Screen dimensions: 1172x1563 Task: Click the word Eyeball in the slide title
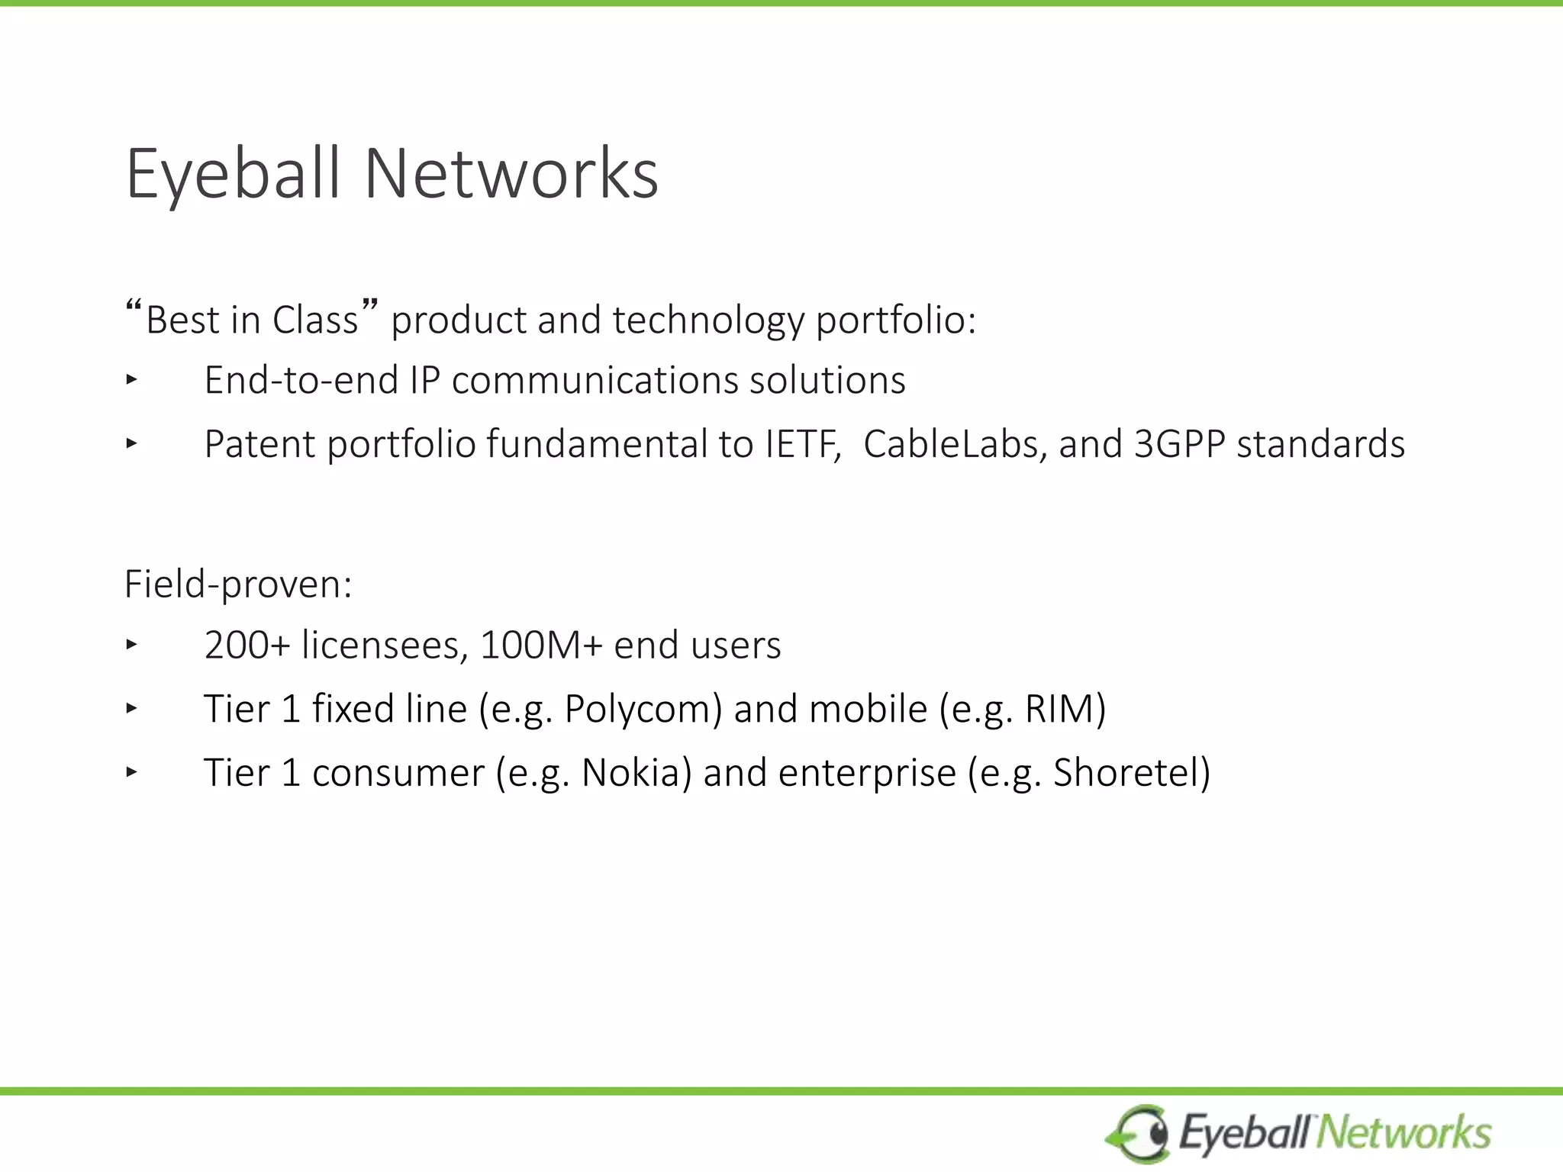click(x=231, y=174)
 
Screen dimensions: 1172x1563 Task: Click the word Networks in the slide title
click(x=511, y=174)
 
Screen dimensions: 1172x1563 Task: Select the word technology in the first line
click(x=707, y=320)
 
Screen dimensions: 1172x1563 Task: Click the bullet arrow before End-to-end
click(x=131, y=379)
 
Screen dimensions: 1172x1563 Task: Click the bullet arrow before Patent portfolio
click(x=131, y=443)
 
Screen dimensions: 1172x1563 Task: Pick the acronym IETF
click(x=802, y=444)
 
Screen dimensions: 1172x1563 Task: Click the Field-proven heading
click(x=238, y=585)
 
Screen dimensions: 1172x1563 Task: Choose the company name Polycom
click(x=642, y=709)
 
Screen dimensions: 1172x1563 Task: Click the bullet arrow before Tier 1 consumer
click(x=131, y=772)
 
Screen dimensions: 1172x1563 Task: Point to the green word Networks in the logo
click(x=1404, y=1132)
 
